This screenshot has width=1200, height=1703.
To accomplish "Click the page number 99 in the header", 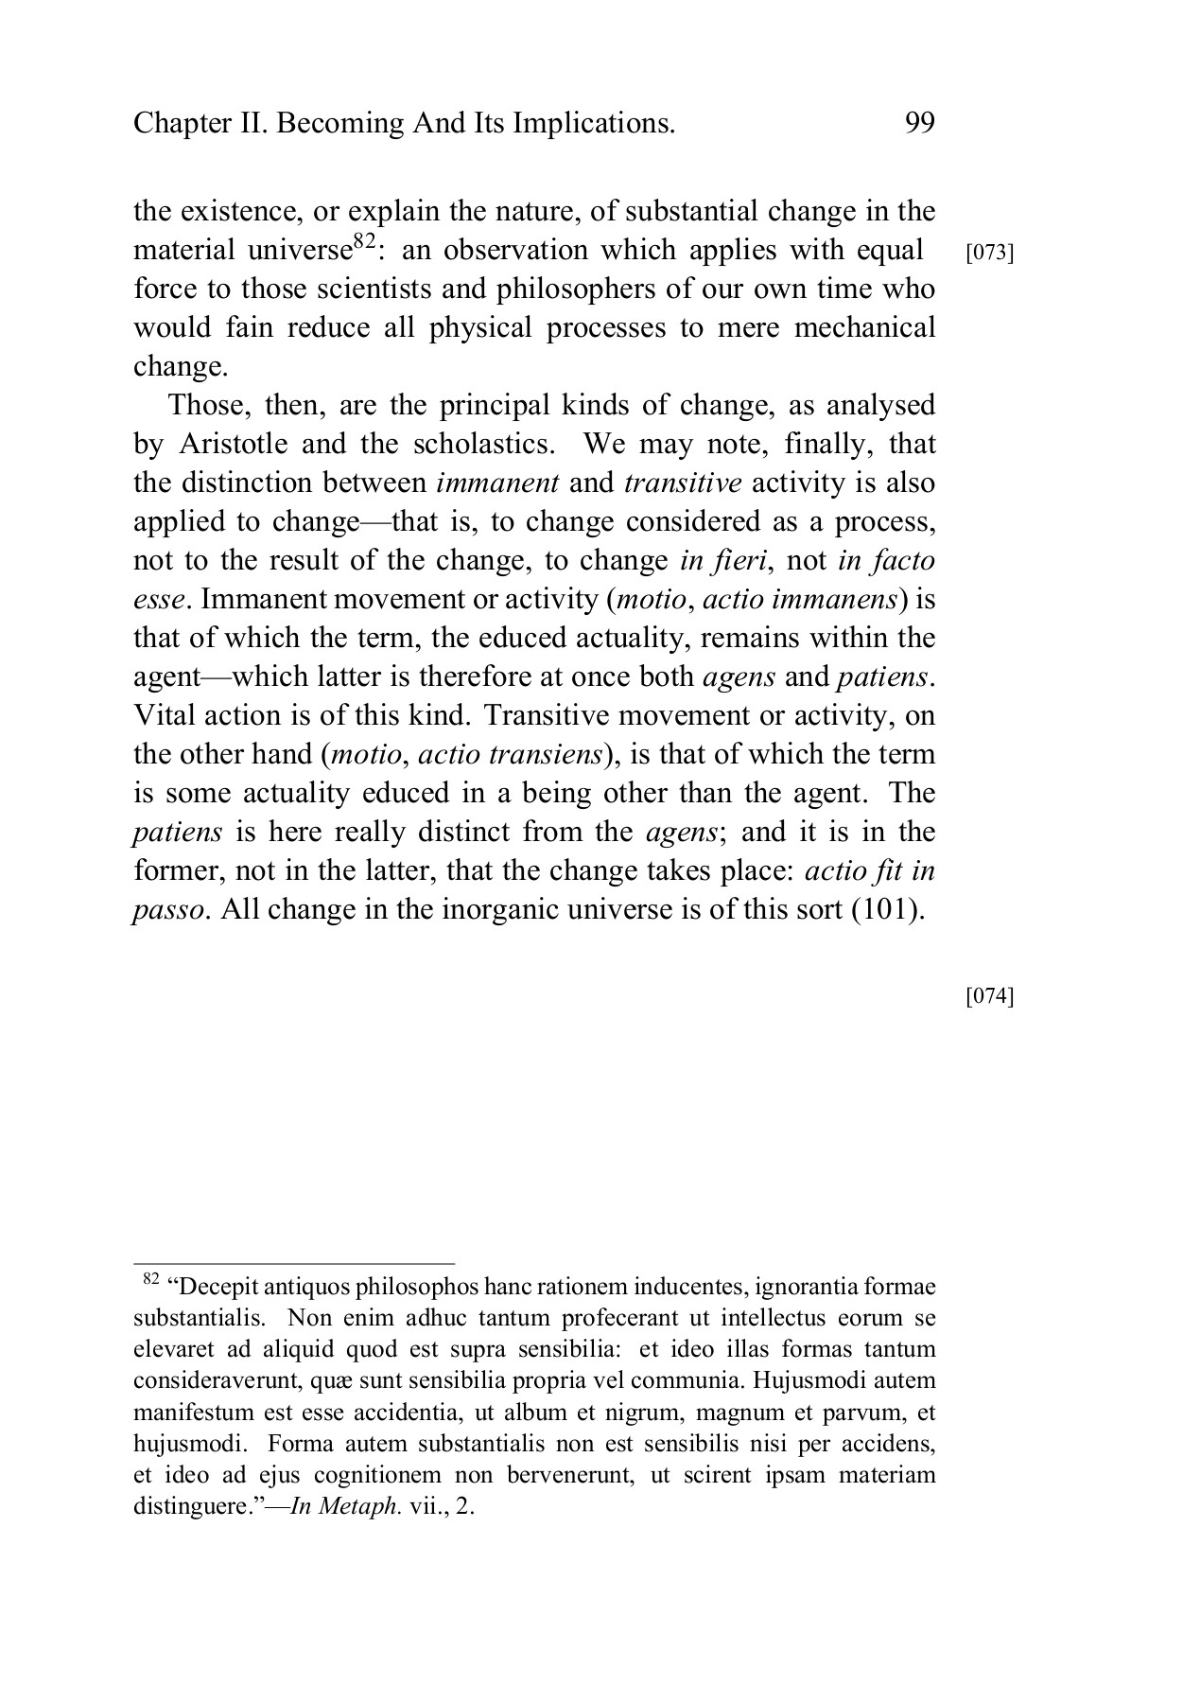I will point(919,123).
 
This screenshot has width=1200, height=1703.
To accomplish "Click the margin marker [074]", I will point(989,996).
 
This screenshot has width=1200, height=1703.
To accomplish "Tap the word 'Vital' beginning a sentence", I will point(164,715).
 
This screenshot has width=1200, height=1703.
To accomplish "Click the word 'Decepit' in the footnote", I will point(225,1287).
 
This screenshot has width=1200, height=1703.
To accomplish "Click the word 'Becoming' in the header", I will point(339,123).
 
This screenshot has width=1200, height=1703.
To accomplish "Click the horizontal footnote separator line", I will point(294,1263).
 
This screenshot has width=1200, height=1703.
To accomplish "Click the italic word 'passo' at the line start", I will point(167,909).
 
